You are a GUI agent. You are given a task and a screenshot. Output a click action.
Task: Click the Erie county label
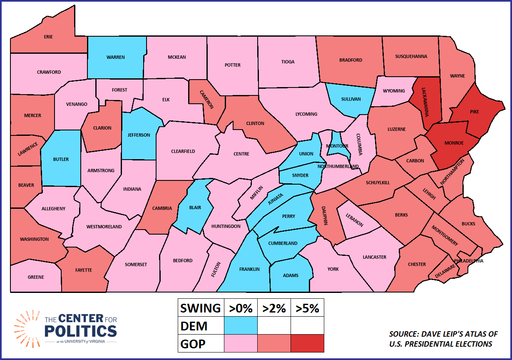(48, 37)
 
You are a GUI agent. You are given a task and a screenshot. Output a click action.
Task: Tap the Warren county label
(115, 57)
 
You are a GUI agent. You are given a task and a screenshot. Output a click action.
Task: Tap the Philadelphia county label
(469, 261)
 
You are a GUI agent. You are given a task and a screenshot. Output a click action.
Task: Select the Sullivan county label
(350, 99)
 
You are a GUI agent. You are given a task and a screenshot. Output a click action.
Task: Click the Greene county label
(36, 277)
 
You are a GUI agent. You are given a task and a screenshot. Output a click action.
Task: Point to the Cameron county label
(206, 100)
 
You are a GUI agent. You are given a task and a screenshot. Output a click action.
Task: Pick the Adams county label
(291, 275)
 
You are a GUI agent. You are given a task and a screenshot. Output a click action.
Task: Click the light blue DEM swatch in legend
(241, 325)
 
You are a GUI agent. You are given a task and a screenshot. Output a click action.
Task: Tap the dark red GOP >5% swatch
(307, 343)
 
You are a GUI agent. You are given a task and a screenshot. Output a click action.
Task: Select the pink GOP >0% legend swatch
(241, 343)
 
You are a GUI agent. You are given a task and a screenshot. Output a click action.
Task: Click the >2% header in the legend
(274, 308)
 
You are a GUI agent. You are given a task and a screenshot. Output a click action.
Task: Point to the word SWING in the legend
(200, 308)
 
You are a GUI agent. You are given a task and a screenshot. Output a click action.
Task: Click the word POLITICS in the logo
(81, 331)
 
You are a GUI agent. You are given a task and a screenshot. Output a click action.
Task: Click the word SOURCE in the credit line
(404, 334)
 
